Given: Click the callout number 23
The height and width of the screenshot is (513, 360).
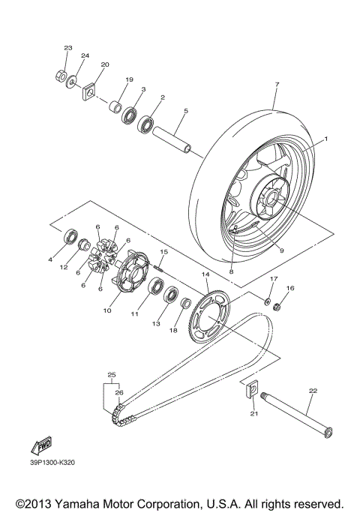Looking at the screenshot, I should click(x=67, y=48).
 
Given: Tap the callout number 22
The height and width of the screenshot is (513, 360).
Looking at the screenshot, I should click(x=313, y=391).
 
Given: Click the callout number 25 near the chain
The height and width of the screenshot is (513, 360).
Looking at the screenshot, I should click(x=111, y=374).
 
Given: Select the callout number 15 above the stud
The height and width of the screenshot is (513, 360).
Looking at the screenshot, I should click(x=163, y=251).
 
